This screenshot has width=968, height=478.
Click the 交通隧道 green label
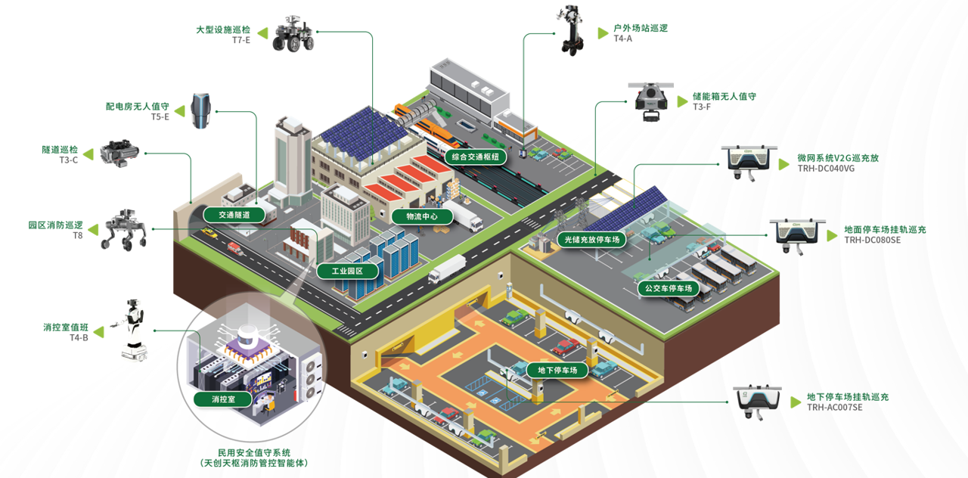(234, 215)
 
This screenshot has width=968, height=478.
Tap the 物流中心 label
(422, 216)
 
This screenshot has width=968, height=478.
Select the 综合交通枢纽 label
(476, 157)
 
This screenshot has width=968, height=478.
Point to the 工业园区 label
(347, 272)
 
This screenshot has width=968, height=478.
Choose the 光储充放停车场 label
(592, 240)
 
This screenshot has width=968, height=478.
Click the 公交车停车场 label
(669, 288)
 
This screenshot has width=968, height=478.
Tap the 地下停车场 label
(557, 371)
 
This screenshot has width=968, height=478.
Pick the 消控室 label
(223, 399)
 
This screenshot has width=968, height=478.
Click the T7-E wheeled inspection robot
(293, 34)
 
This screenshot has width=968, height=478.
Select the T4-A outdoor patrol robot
(571, 30)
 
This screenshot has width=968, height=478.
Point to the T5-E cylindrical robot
(201, 110)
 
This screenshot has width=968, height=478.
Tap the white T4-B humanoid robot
(132, 329)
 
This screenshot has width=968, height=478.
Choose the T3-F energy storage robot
(651, 102)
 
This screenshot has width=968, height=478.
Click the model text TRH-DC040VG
(826, 169)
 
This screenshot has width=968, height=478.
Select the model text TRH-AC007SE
(834, 407)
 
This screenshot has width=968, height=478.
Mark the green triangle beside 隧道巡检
(88, 154)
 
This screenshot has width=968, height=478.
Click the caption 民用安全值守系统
(254, 452)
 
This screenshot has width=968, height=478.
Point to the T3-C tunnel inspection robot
(119, 153)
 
